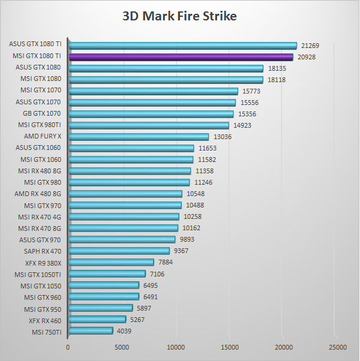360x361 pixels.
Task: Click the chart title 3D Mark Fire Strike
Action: click(x=179, y=16)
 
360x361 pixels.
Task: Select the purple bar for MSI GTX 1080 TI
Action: click(x=181, y=57)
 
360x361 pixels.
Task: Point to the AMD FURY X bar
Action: click(x=139, y=137)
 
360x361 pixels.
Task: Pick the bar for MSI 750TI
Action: click(x=91, y=331)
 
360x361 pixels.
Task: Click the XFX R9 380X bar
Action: click(x=111, y=263)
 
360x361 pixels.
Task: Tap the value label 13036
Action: click(x=223, y=137)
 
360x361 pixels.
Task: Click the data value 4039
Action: click(x=124, y=331)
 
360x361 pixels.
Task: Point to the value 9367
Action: click(x=181, y=251)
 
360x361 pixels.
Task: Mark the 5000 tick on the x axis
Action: click(x=122, y=347)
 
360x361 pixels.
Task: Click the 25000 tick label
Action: click(x=338, y=347)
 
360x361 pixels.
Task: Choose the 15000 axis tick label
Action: click(x=230, y=347)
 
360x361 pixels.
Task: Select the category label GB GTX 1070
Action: click(x=41, y=114)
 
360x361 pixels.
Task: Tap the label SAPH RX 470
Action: click(x=43, y=251)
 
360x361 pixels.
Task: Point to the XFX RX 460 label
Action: click(x=45, y=320)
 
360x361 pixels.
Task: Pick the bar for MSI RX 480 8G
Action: click(x=130, y=171)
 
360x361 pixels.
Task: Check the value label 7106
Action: click(x=157, y=274)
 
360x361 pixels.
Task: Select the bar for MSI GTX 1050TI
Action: click(x=107, y=274)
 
